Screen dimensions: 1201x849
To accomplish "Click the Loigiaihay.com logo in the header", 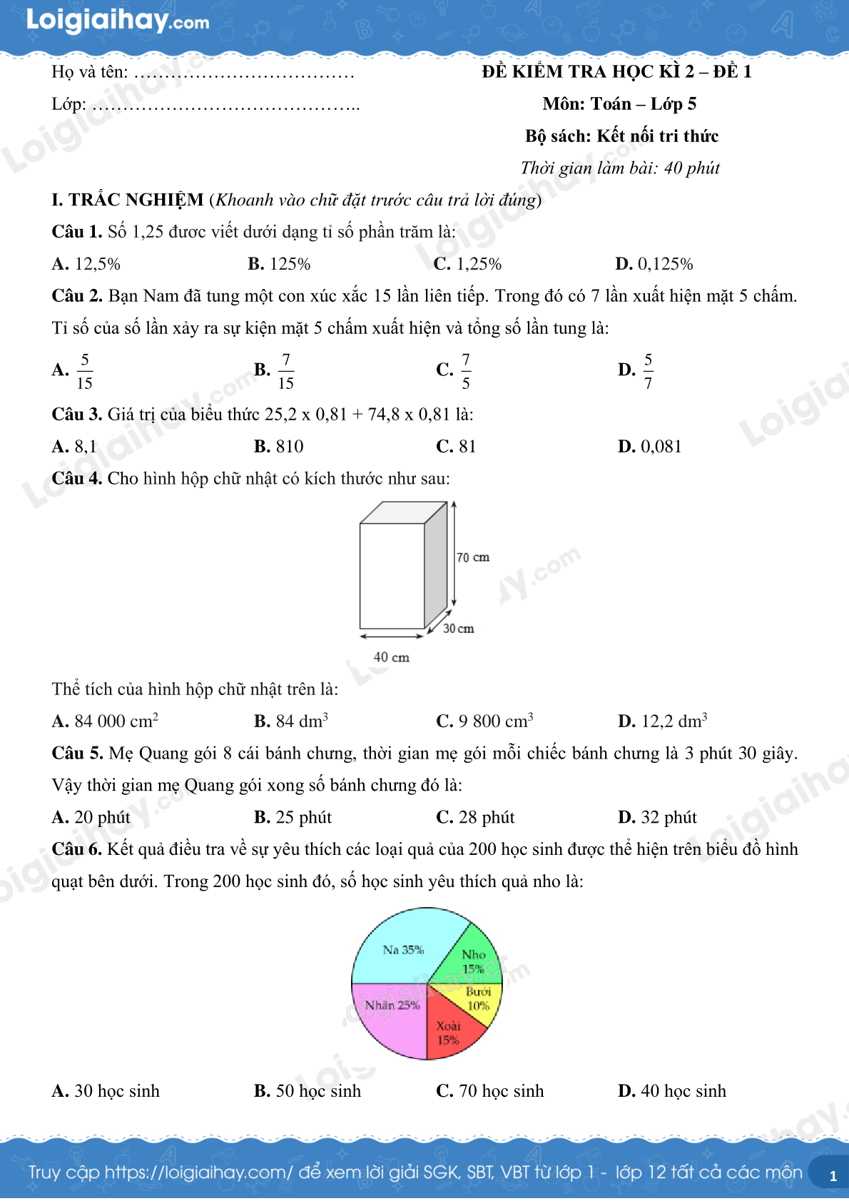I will (x=118, y=21).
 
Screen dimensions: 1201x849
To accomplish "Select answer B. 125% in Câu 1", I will (x=279, y=264).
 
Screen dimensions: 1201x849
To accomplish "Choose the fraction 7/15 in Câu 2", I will (x=285, y=370).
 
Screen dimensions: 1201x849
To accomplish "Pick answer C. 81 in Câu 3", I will (x=456, y=447).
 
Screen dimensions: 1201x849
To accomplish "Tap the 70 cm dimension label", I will (x=473, y=557).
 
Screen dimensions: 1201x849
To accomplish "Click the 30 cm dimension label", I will (x=458, y=629).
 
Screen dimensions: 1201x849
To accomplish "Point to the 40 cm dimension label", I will (x=392, y=657).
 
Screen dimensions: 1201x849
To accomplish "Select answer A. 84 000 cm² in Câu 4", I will (x=105, y=721).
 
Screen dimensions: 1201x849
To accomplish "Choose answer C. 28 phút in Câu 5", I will (x=475, y=818).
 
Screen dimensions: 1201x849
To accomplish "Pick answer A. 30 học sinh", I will (x=106, y=1091).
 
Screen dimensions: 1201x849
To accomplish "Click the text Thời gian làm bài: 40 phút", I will (x=620, y=168).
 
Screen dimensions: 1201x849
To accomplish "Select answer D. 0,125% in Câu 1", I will (x=654, y=264).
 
